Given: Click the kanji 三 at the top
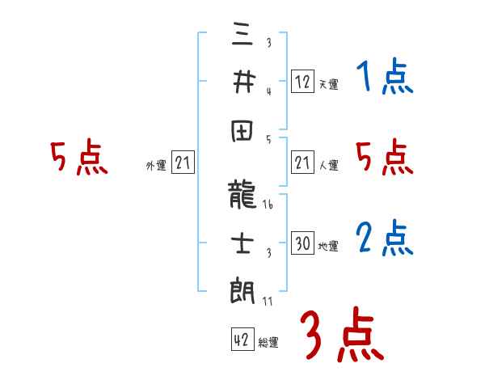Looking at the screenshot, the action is [242, 36].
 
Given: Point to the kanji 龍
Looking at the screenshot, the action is [242, 195].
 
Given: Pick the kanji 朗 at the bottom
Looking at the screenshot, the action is [242, 289].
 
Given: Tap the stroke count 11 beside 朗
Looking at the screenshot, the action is [268, 301].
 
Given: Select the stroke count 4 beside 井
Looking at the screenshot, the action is [268, 91].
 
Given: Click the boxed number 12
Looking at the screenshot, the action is [302, 82].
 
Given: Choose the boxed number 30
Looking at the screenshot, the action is [302, 244].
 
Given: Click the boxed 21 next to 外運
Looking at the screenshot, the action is [183, 164].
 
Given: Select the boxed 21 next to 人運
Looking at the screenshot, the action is [302, 164].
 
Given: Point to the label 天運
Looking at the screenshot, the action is [328, 84].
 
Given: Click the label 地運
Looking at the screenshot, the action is [328, 247].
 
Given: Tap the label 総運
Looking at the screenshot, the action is [268, 342].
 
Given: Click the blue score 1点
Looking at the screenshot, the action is [384, 78].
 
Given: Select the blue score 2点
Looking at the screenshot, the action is [384, 239].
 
